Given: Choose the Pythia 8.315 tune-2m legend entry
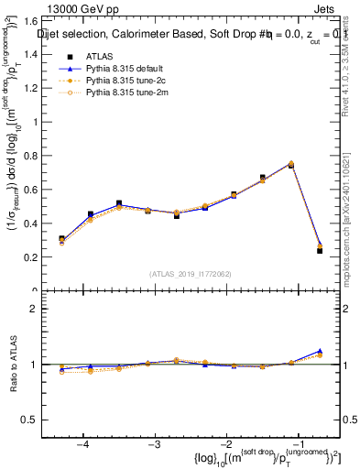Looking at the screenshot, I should [x=123, y=93].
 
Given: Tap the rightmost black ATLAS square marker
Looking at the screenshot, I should [x=320, y=250].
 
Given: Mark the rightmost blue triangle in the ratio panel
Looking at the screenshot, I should [x=320, y=351].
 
